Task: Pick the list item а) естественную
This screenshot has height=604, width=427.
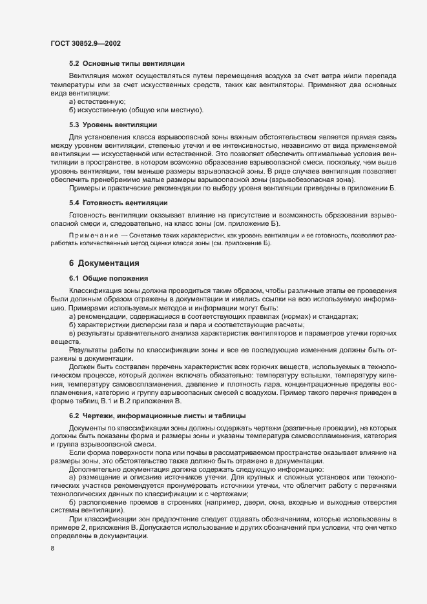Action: [x=98, y=102]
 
